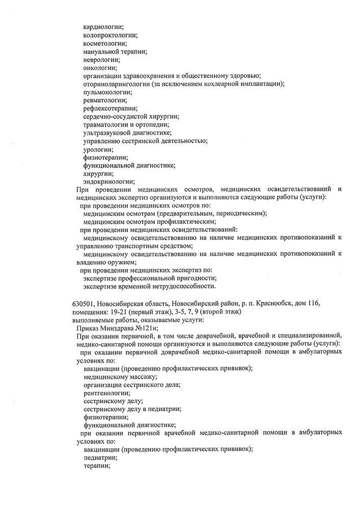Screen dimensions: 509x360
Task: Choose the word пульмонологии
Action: coord(107,92)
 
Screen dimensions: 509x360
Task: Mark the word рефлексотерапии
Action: coord(109,108)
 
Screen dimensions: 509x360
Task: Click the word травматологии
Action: coord(109,125)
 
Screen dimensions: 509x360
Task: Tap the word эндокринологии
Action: coord(108,181)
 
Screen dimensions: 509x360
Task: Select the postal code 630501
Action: coord(84,303)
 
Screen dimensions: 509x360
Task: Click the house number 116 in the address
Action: coord(313,303)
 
